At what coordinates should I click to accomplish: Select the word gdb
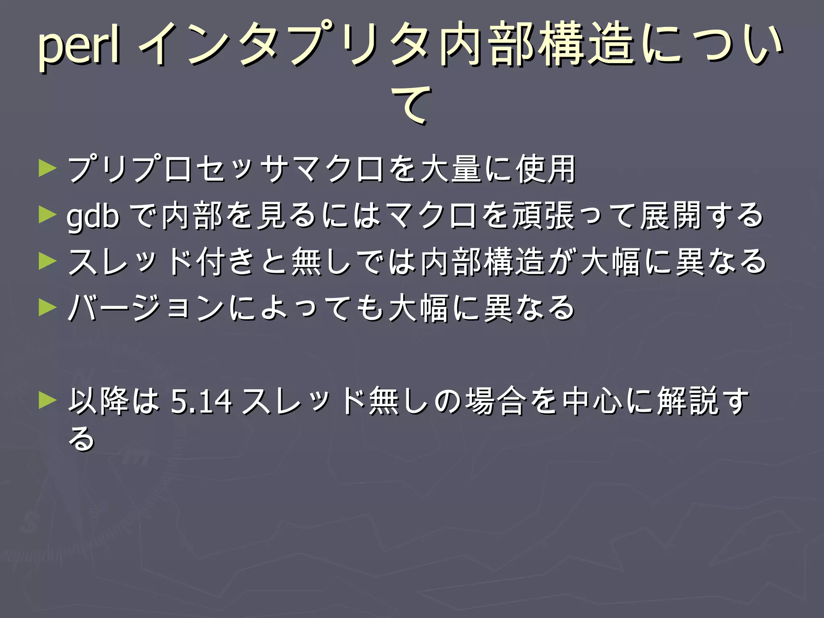click(93, 216)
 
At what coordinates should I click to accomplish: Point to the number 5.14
click(202, 401)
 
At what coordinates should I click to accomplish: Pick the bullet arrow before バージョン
click(47, 308)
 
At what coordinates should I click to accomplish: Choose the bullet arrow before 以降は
click(47, 400)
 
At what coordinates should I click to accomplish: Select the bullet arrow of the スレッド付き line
click(47, 262)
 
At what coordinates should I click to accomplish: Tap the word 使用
click(546, 169)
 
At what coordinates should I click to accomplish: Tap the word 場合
click(496, 401)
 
